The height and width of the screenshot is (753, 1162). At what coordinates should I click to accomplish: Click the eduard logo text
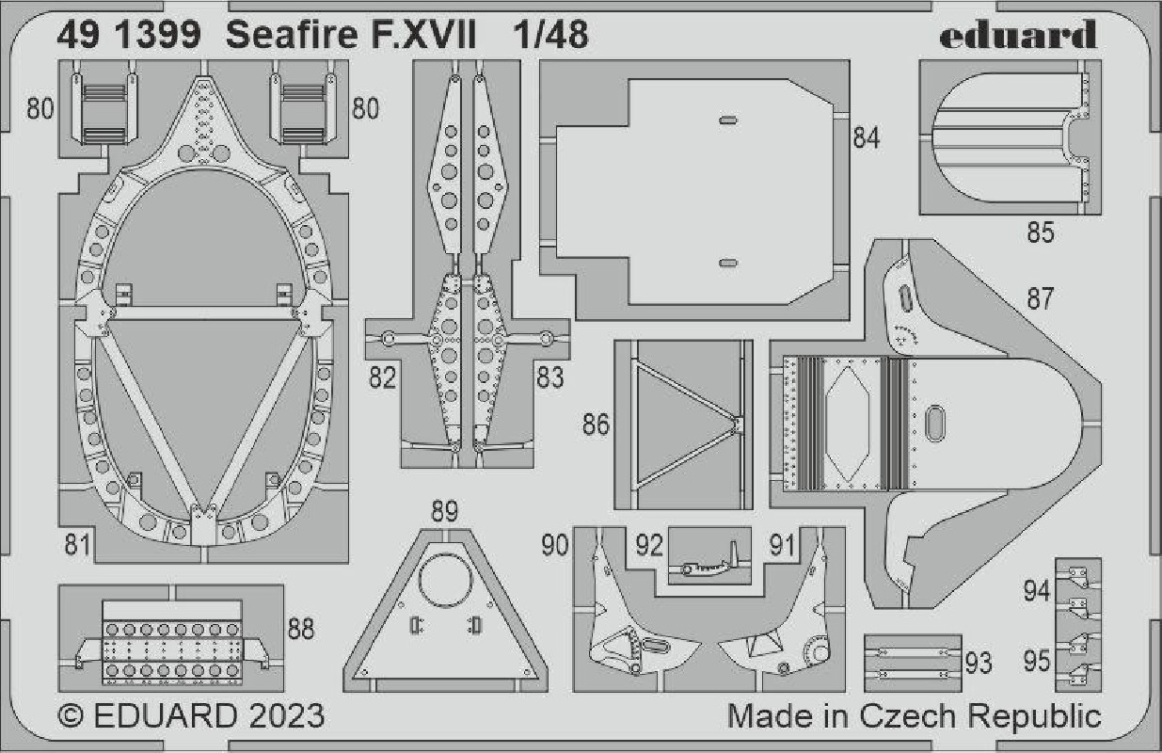click(1018, 34)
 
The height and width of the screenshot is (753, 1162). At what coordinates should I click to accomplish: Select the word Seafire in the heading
click(292, 35)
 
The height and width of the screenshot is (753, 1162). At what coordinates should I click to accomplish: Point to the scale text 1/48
click(550, 35)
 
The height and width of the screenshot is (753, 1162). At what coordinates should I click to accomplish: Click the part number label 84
click(867, 138)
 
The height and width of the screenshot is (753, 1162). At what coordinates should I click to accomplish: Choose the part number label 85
click(1041, 232)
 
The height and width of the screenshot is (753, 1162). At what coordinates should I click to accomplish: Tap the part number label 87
click(1040, 299)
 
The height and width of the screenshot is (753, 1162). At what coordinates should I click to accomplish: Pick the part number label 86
click(596, 424)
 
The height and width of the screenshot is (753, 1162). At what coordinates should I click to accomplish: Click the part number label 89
click(444, 511)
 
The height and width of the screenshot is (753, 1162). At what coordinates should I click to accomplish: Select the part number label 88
click(301, 629)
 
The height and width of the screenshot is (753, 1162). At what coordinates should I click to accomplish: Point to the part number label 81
click(78, 544)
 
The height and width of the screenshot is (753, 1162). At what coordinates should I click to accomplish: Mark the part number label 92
click(649, 545)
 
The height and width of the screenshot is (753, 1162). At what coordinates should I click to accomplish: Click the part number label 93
click(979, 663)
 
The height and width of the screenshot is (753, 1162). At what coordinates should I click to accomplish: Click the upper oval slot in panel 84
click(728, 120)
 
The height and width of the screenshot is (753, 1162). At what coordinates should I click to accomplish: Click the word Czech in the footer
click(907, 716)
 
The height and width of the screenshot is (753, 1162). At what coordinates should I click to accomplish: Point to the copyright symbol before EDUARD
click(71, 716)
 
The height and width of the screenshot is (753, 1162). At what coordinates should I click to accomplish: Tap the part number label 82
click(382, 377)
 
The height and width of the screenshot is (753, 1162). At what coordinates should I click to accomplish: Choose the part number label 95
click(1037, 661)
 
